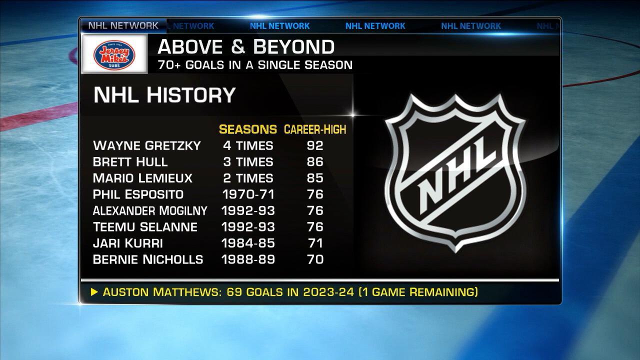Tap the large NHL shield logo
tap(455, 172)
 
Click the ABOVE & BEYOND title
tap(246, 47)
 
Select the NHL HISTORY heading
tap(164, 95)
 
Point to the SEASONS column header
tap(247, 129)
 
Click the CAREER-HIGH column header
tap(315, 129)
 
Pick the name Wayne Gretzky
tap(147, 145)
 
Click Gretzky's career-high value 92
tap(315, 145)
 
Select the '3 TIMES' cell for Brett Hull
tap(248, 162)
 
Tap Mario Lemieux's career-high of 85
tap(315, 178)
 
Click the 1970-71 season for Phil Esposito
tap(248, 194)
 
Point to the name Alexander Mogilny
tap(150, 210)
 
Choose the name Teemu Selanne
tap(145, 227)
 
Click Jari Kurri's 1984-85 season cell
tap(248, 243)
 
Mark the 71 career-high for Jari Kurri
tap(315, 243)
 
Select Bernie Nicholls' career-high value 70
tap(315, 259)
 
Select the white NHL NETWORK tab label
tap(123, 25)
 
